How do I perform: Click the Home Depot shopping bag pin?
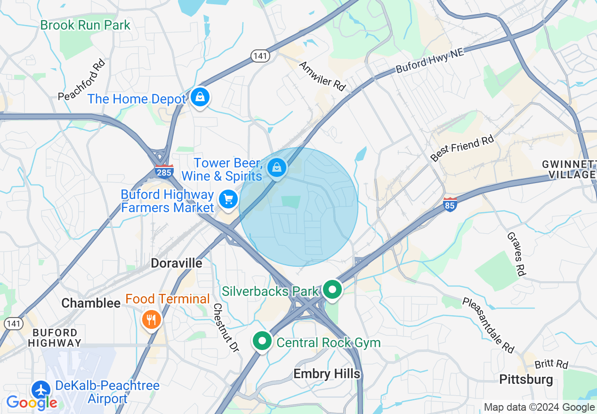200,97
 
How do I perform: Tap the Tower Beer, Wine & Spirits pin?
277,167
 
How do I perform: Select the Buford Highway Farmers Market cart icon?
228,199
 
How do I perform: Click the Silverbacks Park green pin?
333,290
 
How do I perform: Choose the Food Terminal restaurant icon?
151,320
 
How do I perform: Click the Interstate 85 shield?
450,205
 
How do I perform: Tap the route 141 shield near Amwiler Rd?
260,56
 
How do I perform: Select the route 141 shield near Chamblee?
13,323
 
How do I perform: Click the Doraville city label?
177,263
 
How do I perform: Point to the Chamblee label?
91,303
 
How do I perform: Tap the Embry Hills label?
327,374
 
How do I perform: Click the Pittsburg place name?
526,379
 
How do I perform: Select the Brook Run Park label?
85,25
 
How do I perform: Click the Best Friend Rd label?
462,148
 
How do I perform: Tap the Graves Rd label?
516,254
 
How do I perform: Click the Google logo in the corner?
32,403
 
